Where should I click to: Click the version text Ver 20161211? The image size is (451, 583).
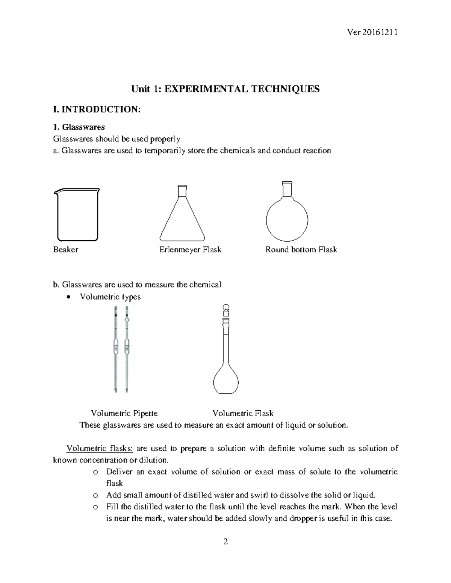(372, 32)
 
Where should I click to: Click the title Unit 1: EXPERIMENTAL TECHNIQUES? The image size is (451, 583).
(225, 89)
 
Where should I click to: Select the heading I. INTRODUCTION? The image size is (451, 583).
(97, 110)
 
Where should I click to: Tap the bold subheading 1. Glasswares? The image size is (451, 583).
(79, 127)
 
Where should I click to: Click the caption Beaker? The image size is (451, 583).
(66, 250)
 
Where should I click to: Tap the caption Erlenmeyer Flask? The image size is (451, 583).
(190, 250)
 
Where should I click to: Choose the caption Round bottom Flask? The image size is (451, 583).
(301, 250)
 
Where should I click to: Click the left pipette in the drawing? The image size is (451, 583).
(116, 349)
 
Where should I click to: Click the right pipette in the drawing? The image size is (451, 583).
(127, 349)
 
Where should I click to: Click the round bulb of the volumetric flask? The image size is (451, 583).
(226, 379)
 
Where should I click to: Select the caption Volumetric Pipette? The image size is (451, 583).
(124, 413)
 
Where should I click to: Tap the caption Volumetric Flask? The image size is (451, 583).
(243, 413)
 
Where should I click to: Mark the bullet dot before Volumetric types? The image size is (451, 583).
(68, 297)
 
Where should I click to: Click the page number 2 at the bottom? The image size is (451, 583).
(225, 542)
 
